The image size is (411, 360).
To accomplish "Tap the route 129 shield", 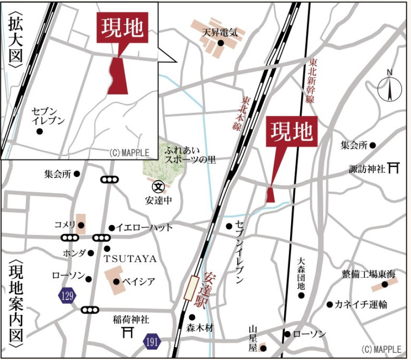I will pos(68,296).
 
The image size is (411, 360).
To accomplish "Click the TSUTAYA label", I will pos(130,259).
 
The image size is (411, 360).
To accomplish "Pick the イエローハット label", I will pos(144,227).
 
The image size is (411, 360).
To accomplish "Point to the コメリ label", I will pos(64,225).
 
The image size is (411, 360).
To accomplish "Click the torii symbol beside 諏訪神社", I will pos(394,168).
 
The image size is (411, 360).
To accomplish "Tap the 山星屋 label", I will pos(253,337).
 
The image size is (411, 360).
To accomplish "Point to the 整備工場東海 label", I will pos(368,274).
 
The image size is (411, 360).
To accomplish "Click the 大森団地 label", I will pos(301,273).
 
